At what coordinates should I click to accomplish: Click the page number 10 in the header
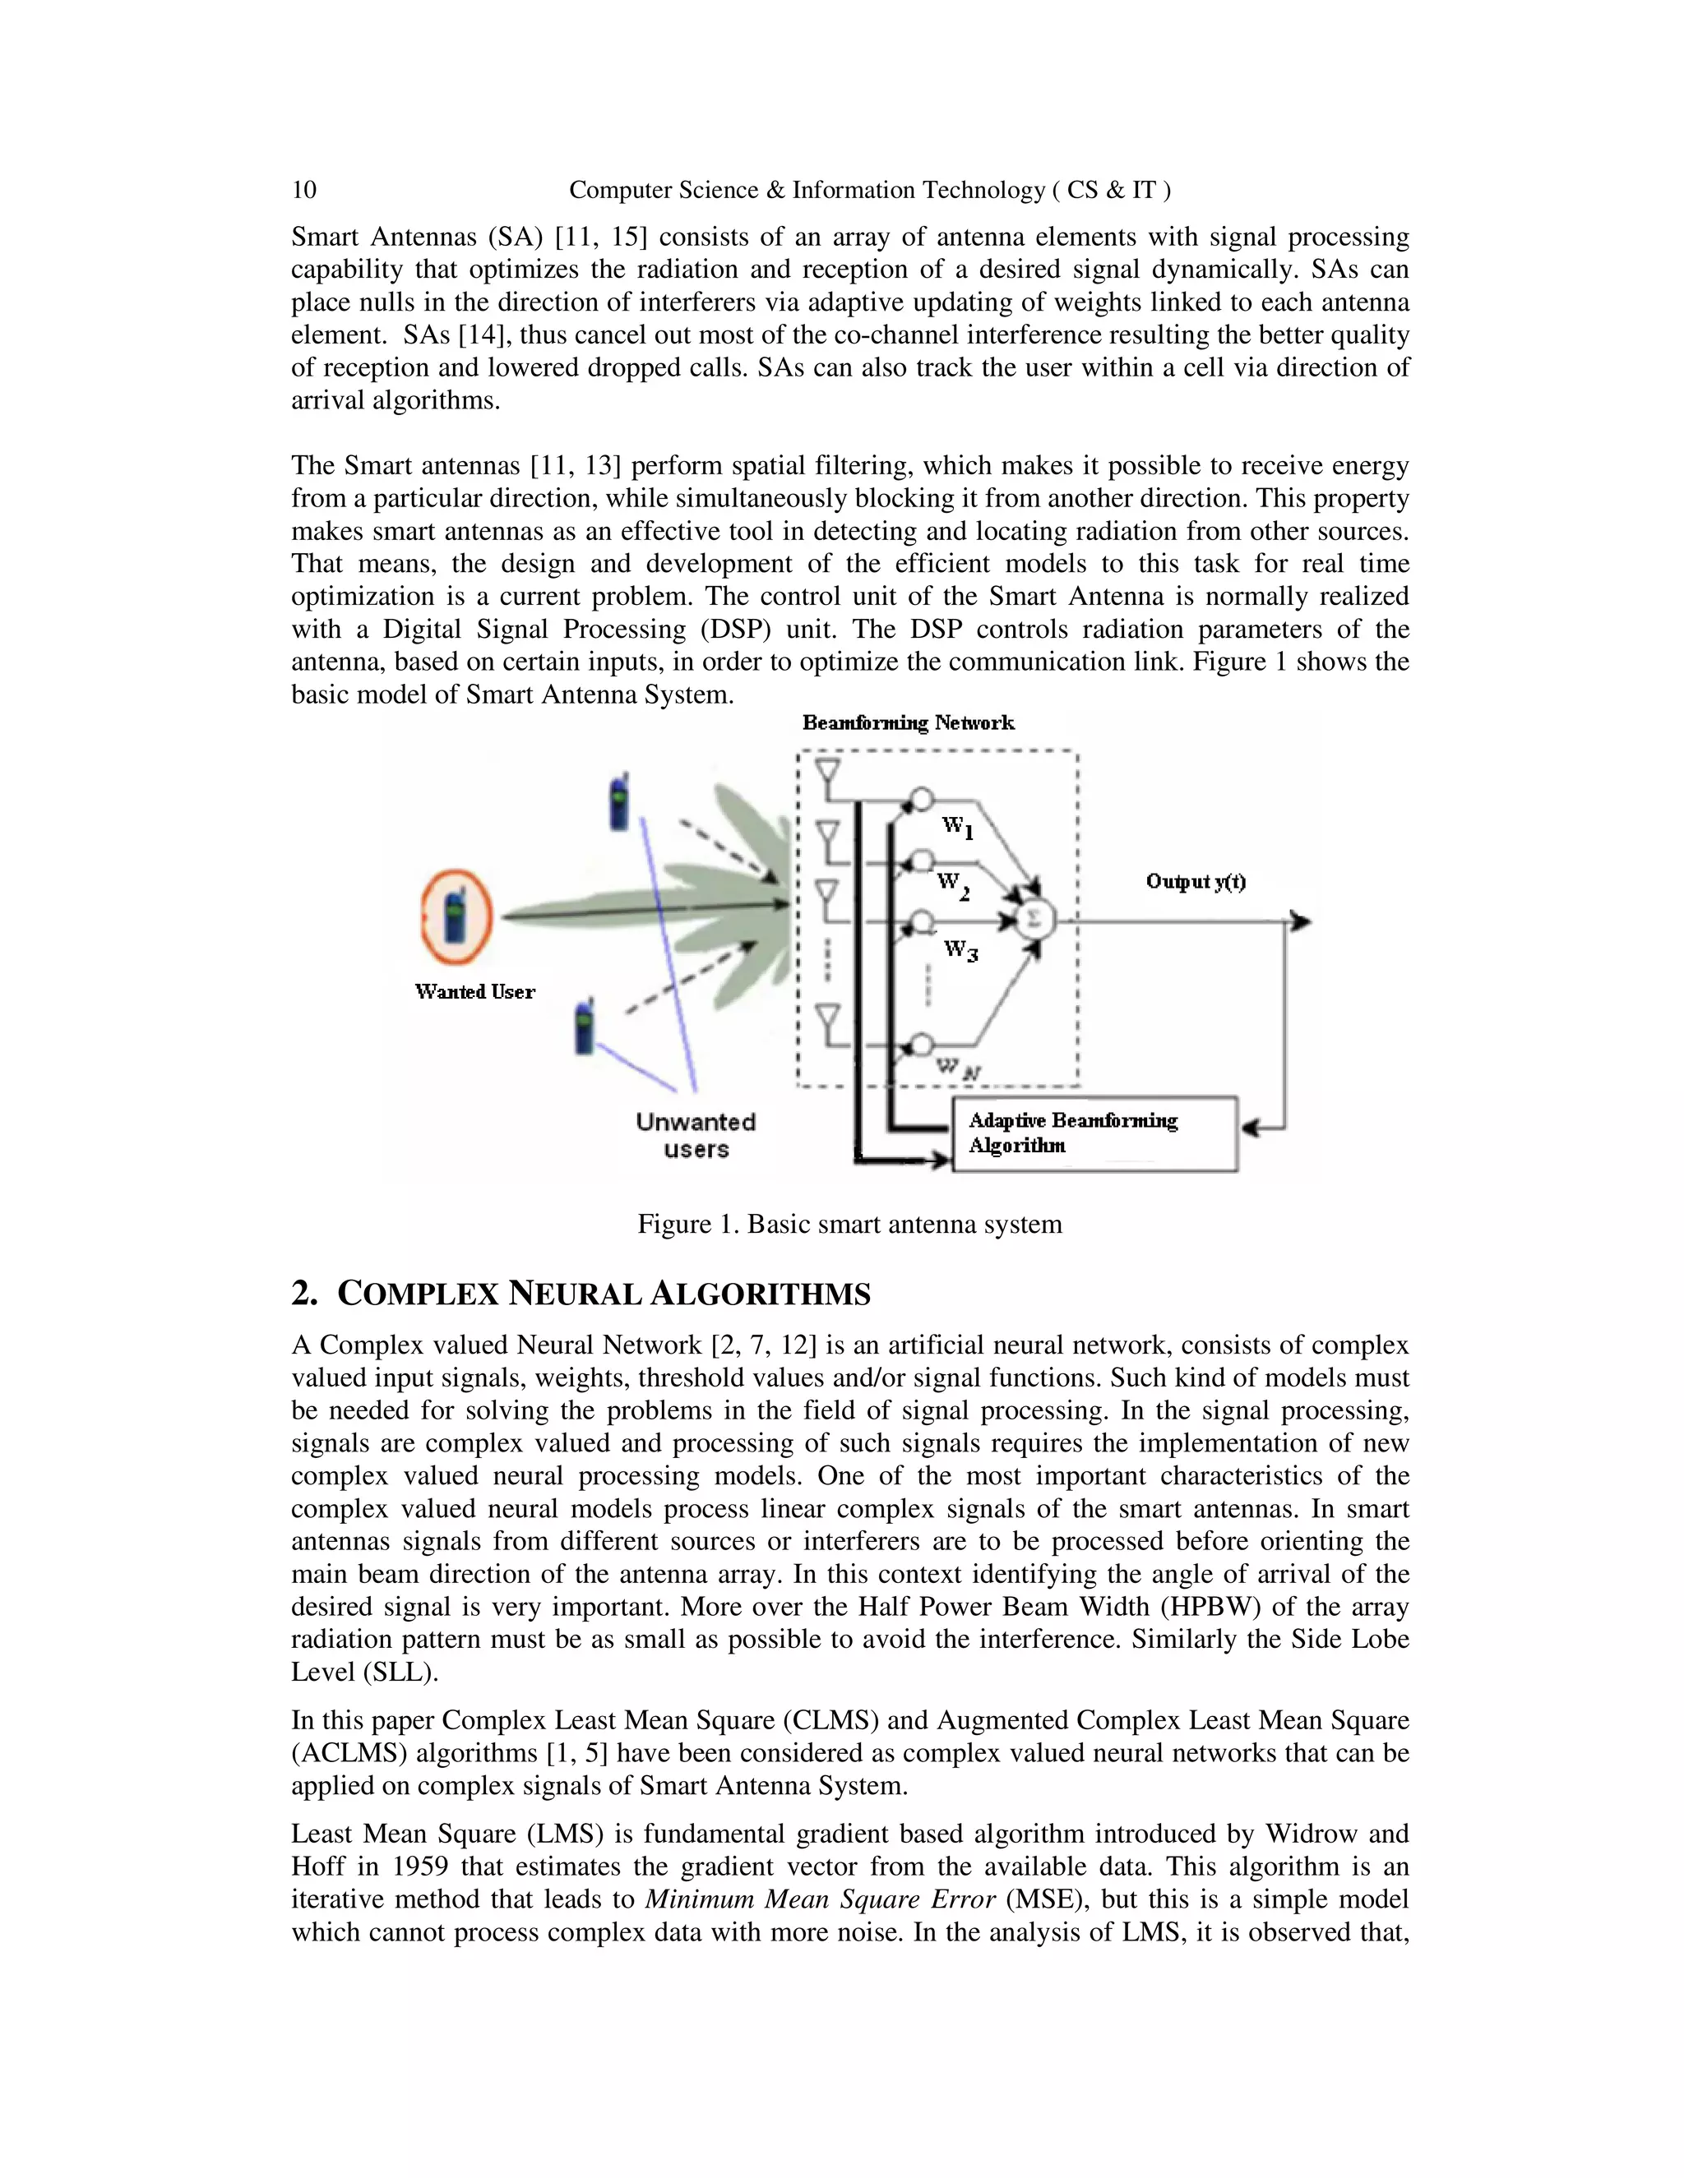tap(303, 190)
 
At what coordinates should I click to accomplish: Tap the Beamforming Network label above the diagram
tap(908, 723)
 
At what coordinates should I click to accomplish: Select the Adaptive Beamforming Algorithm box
tap(1094, 1134)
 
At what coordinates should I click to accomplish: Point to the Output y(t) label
tap(1195, 882)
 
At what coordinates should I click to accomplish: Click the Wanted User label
tap(475, 991)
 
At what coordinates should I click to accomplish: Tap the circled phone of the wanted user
tap(455, 916)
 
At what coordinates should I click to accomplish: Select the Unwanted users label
tap(696, 1135)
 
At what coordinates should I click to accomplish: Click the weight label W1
tap(958, 827)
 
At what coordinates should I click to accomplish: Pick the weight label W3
tap(960, 949)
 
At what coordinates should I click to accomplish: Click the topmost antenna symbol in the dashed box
tap(827, 774)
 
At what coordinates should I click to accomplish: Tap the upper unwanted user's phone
tap(619, 803)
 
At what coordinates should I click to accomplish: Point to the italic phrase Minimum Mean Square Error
tap(820, 1899)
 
